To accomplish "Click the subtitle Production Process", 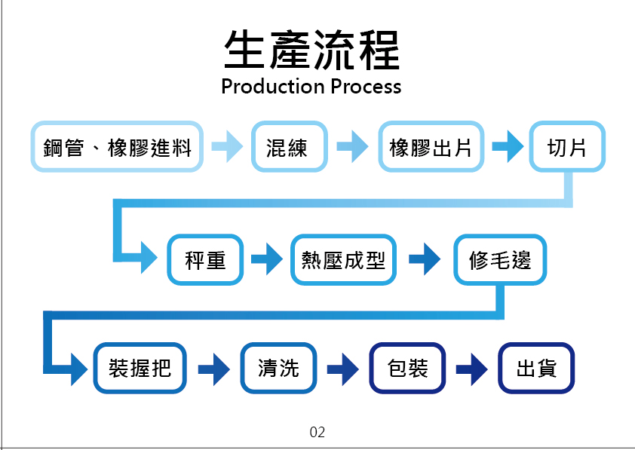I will click(311, 87).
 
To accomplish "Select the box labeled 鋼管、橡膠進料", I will click(117, 147).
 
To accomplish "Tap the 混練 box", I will click(289, 147).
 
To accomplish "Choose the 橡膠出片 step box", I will click(431, 147).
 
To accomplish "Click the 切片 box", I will click(566, 147).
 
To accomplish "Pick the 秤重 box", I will click(205, 261).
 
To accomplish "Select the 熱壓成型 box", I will click(343, 261).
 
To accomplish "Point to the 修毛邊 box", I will click(499, 261).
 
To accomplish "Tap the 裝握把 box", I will click(140, 368).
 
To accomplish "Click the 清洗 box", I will click(278, 368).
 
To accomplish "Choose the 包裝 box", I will click(407, 368).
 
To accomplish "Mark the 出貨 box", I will click(536, 368).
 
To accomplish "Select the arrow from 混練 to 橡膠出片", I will click(352, 147).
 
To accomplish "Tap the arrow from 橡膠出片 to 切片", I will click(507, 147).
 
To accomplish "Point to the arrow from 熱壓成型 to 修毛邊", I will click(425, 261).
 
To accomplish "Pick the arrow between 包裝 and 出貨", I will click(472, 369).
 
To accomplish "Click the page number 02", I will click(317, 433).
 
